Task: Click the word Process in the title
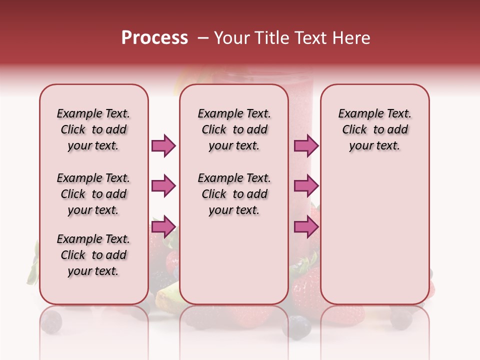tap(154, 38)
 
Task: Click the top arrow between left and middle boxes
tap(164, 145)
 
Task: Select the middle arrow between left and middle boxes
tap(164, 186)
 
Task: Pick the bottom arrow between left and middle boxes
tap(164, 227)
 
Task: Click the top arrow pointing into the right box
tap(306, 145)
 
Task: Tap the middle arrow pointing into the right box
tap(306, 186)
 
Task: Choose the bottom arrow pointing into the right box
tap(306, 227)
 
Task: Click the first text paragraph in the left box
tap(93, 129)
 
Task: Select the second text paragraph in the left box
tap(93, 194)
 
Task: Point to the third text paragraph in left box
tap(93, 255)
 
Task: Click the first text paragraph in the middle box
tap(234, 129)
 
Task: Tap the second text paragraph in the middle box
tap(234, 194)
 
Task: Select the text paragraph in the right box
tap(374, 129)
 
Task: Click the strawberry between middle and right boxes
tap(305, 287)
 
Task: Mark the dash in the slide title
tap(202, 38)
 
